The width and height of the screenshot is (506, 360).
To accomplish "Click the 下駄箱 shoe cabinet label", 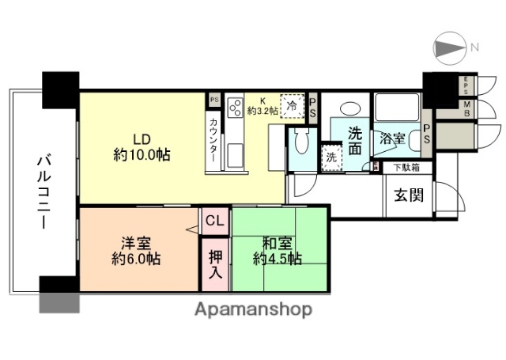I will (406, 167).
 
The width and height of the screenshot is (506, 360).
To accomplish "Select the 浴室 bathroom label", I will (393, 138).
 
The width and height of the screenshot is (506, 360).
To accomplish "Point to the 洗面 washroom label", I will (356, 140).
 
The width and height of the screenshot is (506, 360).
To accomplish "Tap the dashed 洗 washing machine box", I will (331, 155).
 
